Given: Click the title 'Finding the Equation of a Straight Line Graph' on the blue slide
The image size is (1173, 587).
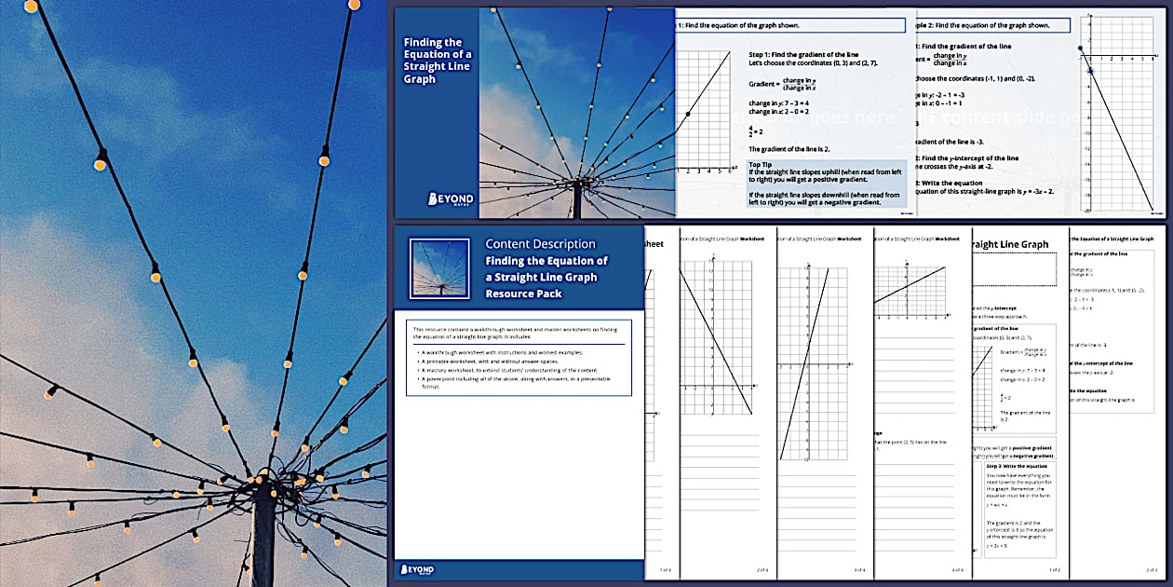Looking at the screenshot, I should coord(437,61).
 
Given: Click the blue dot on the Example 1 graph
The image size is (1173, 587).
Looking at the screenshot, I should coord(688,115).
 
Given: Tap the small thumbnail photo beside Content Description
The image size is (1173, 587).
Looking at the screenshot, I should coord(438,268).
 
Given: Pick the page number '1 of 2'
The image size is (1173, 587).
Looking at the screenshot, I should coord(1054,569).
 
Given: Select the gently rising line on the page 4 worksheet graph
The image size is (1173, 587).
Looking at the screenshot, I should coord(909,286).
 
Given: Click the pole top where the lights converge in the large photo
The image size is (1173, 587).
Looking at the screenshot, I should coord(263,483).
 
